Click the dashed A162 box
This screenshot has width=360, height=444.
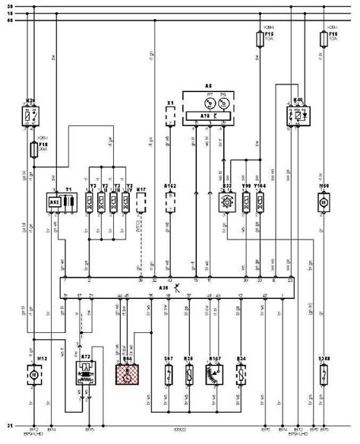[x=171, y=201]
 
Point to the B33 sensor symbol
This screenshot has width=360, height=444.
[x=226, y=201]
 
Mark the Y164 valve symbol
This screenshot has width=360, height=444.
[x=259, y=201]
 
